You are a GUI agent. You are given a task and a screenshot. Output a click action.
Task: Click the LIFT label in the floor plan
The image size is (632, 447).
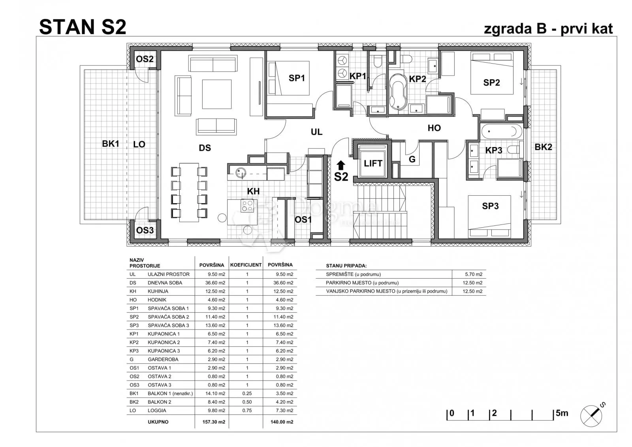point(373,163)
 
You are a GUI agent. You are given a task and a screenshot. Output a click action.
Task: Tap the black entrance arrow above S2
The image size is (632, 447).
point(341,165)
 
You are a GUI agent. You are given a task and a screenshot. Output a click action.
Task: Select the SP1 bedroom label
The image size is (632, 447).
point(297,78)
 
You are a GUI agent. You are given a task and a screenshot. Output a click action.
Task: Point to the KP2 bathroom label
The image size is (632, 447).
point(417,79)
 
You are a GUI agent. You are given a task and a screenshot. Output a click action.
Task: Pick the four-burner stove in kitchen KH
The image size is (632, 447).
point(247,206)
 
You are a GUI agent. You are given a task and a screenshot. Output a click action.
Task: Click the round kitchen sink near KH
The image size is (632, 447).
point(241,173)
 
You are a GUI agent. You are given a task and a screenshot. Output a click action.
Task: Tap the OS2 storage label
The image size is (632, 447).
point(145,59)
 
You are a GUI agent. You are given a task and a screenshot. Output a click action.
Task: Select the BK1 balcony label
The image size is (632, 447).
point(110,144)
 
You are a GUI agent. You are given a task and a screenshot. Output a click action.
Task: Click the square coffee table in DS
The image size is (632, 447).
point(217,94)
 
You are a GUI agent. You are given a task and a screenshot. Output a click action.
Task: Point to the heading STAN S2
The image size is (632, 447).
point(83,27)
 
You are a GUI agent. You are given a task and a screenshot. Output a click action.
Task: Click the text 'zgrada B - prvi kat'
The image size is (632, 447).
point(548,29)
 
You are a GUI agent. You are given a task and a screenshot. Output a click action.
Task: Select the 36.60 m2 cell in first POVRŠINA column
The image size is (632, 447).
point(215,283)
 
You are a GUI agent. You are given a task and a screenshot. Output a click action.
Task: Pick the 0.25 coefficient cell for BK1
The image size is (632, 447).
point(247,393)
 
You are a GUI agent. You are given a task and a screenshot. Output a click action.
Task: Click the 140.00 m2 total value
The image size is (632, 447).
point(282,422)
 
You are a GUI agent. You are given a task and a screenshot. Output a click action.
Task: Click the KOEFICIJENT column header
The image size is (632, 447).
point(246,265)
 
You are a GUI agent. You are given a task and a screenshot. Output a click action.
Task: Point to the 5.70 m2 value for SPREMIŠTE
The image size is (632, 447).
point(474,274)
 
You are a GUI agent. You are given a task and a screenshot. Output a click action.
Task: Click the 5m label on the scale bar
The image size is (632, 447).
point(562,413)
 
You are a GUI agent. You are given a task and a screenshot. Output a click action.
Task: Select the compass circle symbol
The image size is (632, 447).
point(591,416)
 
